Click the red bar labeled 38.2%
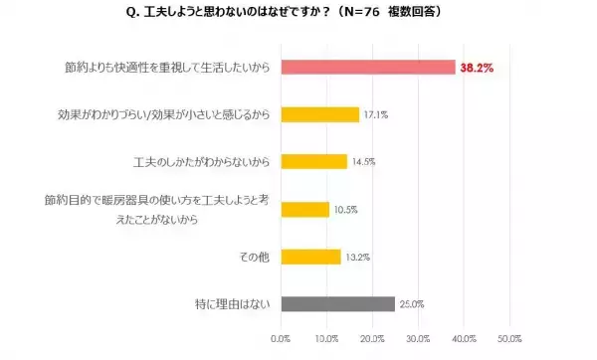click(368, 67)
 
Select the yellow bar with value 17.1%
click(320, 114)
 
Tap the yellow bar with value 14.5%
click(314, 161)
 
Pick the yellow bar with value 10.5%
click(305, 209)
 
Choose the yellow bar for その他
click(311, 256)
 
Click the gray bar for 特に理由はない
click(338, 303)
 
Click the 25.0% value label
click(411, 303)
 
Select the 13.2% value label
click(357, 257)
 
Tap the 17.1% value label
click(375, 114)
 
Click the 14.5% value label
click(363, 162)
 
